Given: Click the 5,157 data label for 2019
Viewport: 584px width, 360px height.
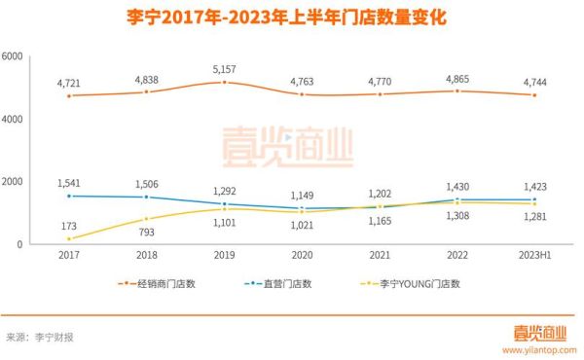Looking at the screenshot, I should point(224,69).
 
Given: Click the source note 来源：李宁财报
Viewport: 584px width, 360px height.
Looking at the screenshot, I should point(41,338).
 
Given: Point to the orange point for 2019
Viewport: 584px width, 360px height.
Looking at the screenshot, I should point(224,83).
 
